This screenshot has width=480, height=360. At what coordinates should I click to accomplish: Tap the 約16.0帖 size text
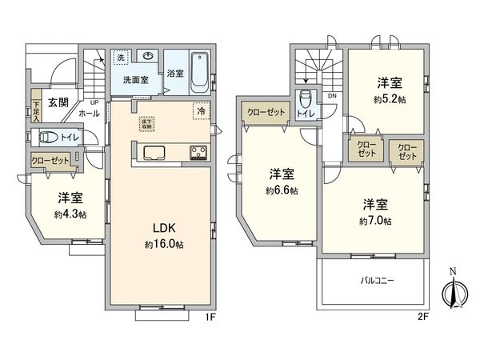pyautogui.click(x=164, y=244)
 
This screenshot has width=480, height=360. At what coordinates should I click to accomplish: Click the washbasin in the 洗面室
pyautogui.click(x=149, y=55)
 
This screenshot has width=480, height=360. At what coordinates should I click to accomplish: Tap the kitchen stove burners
pyautogui.click(x=198, y=153)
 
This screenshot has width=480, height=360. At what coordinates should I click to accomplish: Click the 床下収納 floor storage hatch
pyautogui.click(x=146, y=123)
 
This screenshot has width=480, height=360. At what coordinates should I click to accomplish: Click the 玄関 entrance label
pyautogui.click(x=57, y=102)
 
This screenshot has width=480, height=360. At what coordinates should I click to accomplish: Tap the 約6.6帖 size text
pyautogui.click(x=282, y=190)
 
